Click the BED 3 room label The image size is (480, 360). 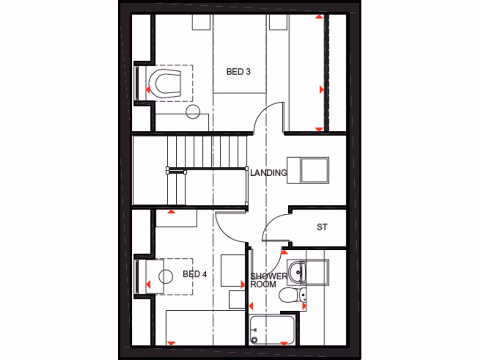238,72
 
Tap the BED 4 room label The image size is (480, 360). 195,274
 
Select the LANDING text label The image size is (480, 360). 268,173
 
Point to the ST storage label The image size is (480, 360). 322,227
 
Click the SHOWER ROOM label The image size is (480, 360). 269,280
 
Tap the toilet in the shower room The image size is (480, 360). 289,295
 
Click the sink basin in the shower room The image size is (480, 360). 296,270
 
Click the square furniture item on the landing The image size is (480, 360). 314,169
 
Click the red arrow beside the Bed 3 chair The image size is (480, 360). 148,89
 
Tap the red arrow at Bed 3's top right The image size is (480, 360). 319,17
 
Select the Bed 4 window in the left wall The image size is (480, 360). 137,276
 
